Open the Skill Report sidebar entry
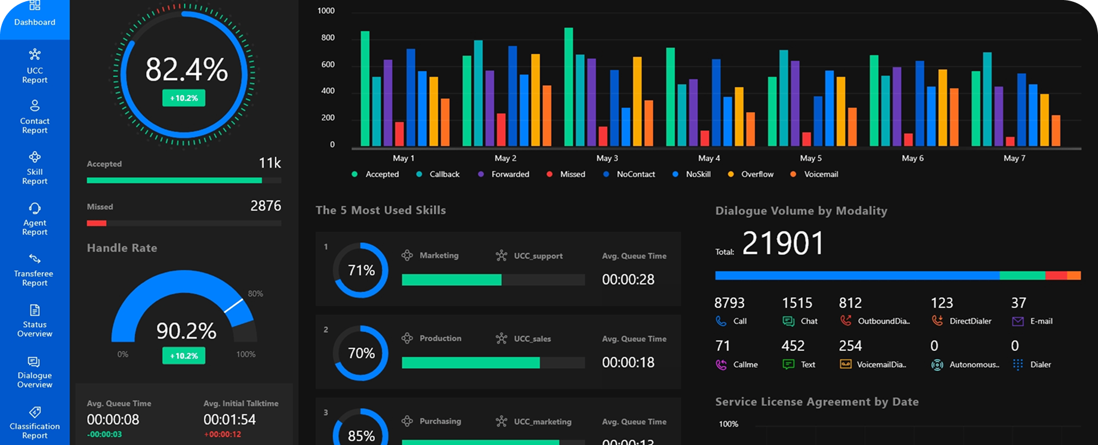pyautogui.click(x=35, y=168)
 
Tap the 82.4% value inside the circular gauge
pyautogui.click(x=186, y=70)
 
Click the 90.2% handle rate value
pyautogui.click(x=186, y=330)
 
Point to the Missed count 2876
pyautogui.click(x=266, y=206)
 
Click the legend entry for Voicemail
pyautogui.click(x=821, y=174)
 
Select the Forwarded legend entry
pyautogui.click(x=510, y=174)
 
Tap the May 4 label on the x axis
pyautogui.click(x=709, y=158)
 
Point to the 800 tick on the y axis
pyautogui.click(x=328, y=38)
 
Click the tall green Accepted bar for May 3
pyautogui.click(x=569, y=86)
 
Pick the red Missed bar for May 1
pyautogui.click(x=399, y=134)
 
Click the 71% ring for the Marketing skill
pyautogui.click(x=361, y=270)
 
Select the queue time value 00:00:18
pyautogui.click(x=628, y=362)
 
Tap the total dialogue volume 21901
pyautogui.click(x=783, y=243)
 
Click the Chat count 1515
pyautogui.click(x=797, y=303)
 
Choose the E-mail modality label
pyautogui.click(x=1041, y=321)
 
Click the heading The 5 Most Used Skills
pyautogui.click(x=380, y=210)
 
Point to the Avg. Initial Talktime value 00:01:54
pyautogui.click(x=229, y=419)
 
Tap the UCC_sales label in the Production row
pyautogui.click(x=532, y=339)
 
